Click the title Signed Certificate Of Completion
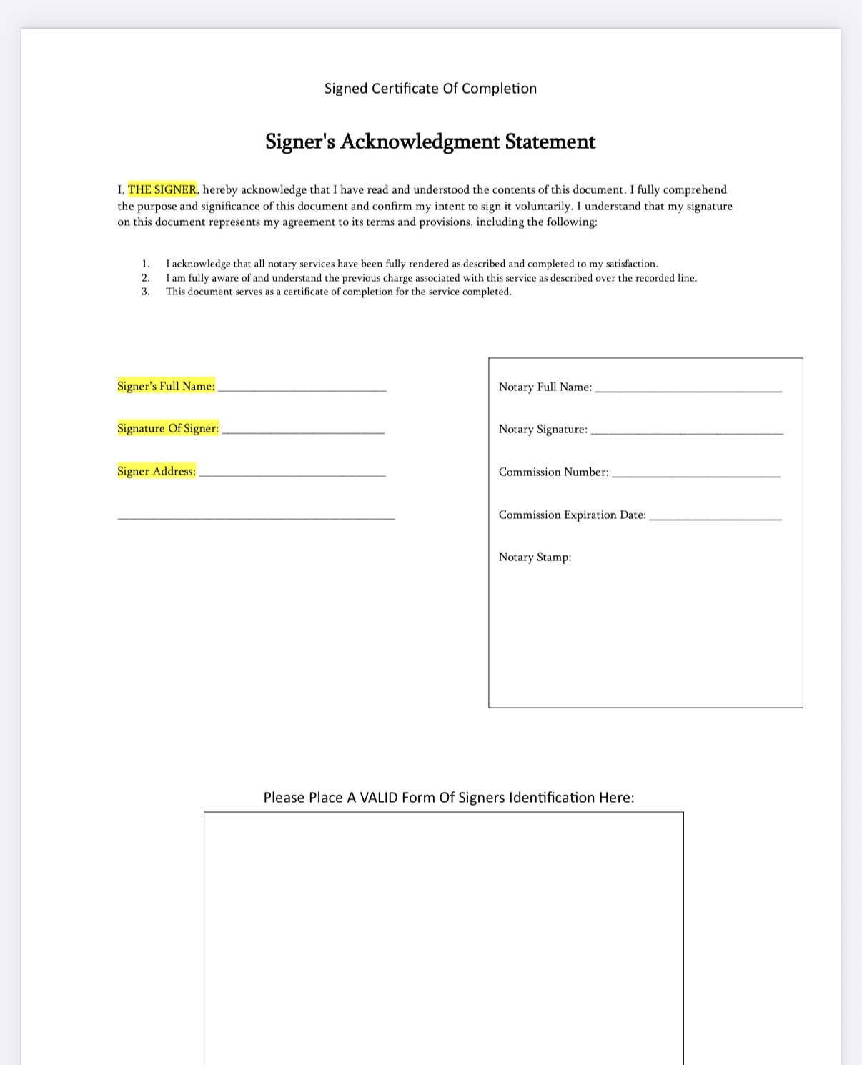click(430, 89)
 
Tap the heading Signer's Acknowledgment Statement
click(430, 142)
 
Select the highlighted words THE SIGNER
click(162, 189)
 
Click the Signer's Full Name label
click(166, 386)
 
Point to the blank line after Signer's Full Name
click(302, 388)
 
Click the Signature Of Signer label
click(168, 428)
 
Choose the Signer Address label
click(157, 471)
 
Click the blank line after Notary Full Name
click(688, 389)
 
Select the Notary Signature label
click(543, 429)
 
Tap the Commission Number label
click(554, 472)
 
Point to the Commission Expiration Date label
click(573, 515)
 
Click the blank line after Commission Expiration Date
click(715, 517)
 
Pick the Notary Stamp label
click(535, 557)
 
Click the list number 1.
click(145, 264)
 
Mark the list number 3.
click(145, 292)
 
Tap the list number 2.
click(145, 278)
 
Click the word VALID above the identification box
click(379, 798)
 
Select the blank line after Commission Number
click(696, 474)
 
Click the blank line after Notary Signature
click(687, 431)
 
